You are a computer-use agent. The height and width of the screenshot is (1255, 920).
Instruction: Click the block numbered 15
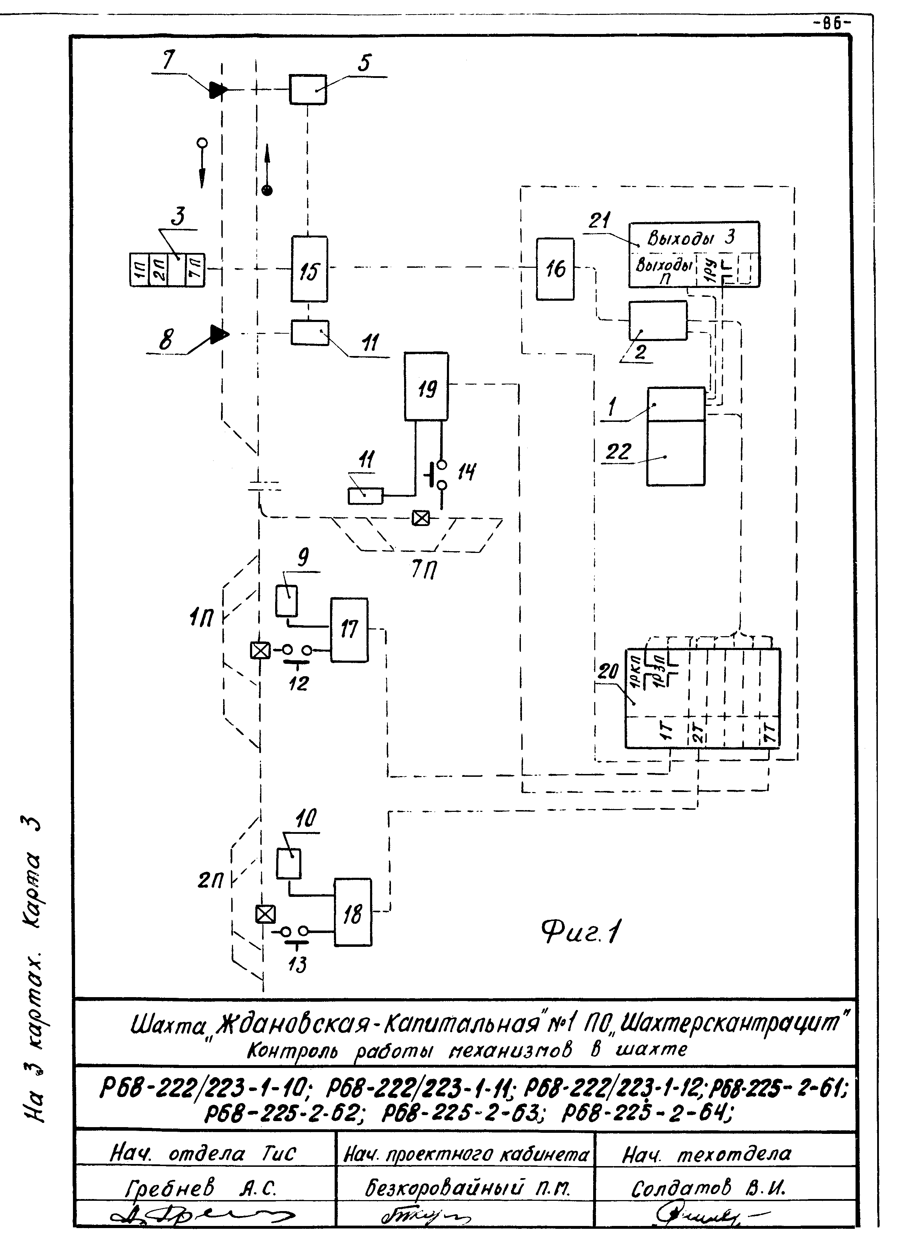click(309, 270)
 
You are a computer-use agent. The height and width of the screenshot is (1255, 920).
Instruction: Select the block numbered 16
click(555, 270)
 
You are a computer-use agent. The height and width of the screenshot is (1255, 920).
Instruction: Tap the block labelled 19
click(426, 386)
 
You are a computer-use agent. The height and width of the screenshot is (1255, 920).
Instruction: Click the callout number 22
click(618, 451)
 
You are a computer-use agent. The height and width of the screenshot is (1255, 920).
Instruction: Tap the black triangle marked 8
click(218, 334)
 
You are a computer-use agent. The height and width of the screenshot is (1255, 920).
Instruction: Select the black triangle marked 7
click(217, 90)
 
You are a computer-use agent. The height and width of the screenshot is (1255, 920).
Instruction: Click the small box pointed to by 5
click(307, 90)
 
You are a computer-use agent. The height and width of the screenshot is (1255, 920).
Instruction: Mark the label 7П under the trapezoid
click(424, 569)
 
